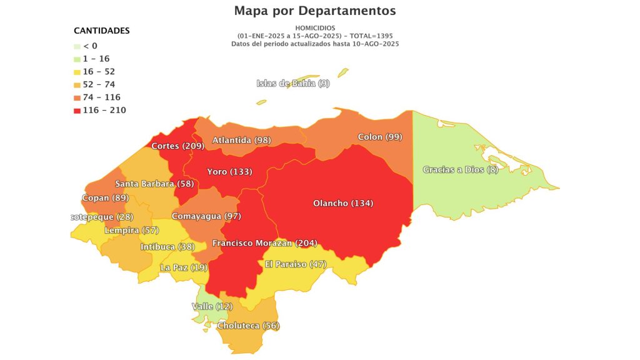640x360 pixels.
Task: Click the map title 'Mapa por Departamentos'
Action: [315, 11]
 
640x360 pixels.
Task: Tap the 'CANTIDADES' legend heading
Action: [102, 30]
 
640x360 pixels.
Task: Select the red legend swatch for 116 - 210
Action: [77, 111]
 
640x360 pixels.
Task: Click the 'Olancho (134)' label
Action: [343, 203]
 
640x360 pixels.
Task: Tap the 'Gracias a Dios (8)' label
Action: [460, 169]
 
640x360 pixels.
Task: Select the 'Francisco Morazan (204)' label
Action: [262, 242]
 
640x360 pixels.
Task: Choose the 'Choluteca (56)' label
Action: [248, 326]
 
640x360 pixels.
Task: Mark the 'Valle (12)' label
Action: [211, 306]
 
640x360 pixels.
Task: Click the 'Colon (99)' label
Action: [380, 137]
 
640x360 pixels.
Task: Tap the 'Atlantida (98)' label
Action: [241, 140]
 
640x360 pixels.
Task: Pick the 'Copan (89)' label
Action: [104, 198]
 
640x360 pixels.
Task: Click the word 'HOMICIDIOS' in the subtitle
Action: [315, 28]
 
